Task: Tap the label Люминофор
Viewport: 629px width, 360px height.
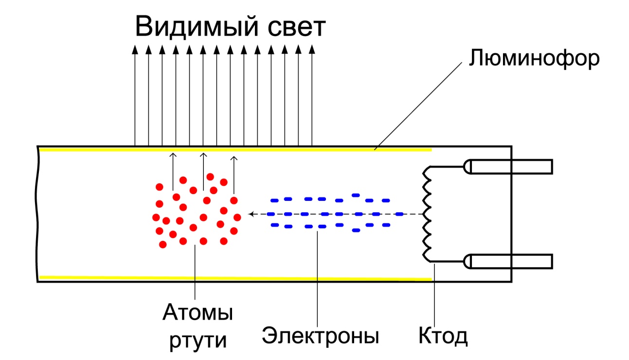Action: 533,59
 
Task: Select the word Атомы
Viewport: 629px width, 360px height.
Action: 198,313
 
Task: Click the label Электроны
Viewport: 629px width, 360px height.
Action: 321,335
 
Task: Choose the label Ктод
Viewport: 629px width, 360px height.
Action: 443,335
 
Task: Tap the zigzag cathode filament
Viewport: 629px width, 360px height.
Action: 427,214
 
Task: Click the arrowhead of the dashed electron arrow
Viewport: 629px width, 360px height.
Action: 251,214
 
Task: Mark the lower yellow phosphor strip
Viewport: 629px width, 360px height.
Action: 234,278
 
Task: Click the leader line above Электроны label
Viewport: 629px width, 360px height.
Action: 317,277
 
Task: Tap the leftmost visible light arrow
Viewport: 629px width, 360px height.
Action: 135,97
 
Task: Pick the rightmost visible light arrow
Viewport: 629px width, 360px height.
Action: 312,97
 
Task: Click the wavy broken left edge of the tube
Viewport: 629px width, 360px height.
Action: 37,214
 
